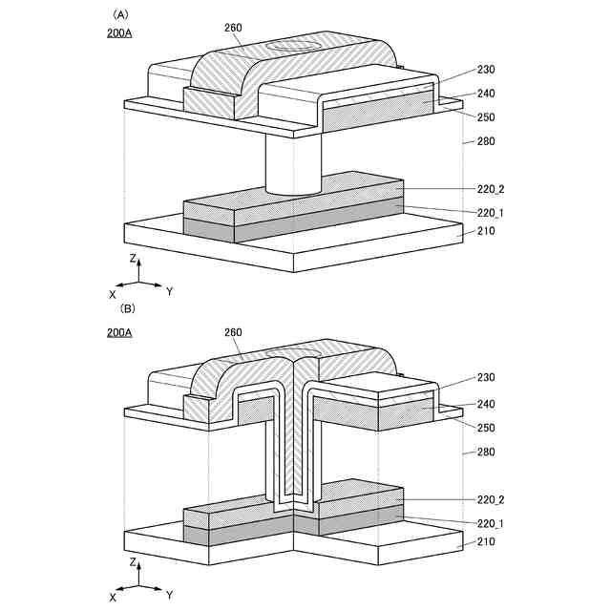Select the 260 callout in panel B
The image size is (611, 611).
coord(232,332)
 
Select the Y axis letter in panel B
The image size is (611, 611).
coord(169,593)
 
